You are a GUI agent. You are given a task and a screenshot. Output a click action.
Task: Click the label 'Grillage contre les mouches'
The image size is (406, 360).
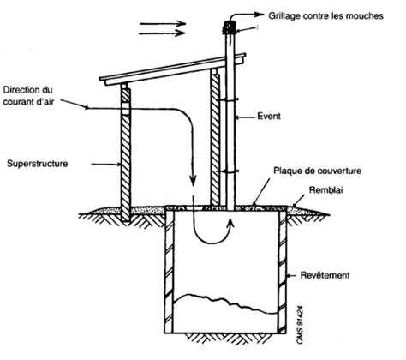tap(325, 15)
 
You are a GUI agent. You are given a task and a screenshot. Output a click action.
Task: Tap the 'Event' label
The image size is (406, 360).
tap(269, 117)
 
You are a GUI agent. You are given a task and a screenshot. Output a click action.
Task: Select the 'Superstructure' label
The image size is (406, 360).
tap(38, 164)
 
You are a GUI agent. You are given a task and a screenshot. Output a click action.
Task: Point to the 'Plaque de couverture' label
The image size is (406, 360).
tap(318, 171)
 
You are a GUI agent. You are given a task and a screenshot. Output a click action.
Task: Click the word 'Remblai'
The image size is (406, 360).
tap(325, 190)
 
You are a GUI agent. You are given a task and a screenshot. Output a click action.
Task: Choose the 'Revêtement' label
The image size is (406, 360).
tap(325, 275)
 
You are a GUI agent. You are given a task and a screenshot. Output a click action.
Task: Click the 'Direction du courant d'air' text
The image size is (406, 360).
tap(28, 96)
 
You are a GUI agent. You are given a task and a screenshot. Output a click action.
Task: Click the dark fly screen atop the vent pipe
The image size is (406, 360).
tap(230, 28)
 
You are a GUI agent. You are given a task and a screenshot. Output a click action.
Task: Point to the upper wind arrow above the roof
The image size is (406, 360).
tap(163, 24)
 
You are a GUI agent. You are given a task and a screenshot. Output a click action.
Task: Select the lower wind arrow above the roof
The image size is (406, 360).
tap(162, 33)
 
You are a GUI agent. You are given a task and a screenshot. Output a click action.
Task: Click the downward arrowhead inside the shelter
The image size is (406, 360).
tap(194, 182)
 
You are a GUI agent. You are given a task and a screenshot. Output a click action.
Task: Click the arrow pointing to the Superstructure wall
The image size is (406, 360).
tap(106, 165)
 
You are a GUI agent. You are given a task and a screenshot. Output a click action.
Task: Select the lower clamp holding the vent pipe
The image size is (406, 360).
tap(230, 171)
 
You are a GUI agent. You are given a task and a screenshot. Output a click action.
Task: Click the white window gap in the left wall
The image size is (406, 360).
tap(126, 108)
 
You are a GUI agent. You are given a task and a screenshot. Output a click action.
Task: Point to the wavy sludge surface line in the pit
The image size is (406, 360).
tap(225, 302)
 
